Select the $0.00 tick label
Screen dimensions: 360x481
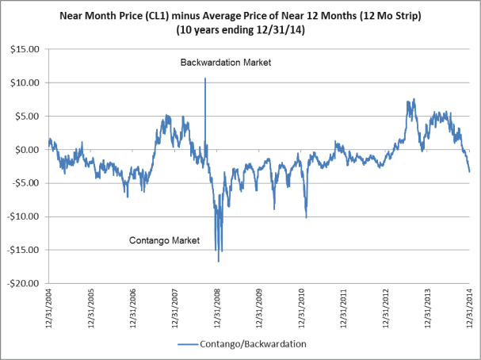[x=27, y=149]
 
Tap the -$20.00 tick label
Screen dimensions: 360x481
[x=24, y=283]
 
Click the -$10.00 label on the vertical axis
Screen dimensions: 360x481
[x=24, y=216]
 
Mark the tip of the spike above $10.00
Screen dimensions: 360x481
[x=205, y=78]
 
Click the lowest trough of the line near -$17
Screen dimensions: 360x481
[x=219, y=261]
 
